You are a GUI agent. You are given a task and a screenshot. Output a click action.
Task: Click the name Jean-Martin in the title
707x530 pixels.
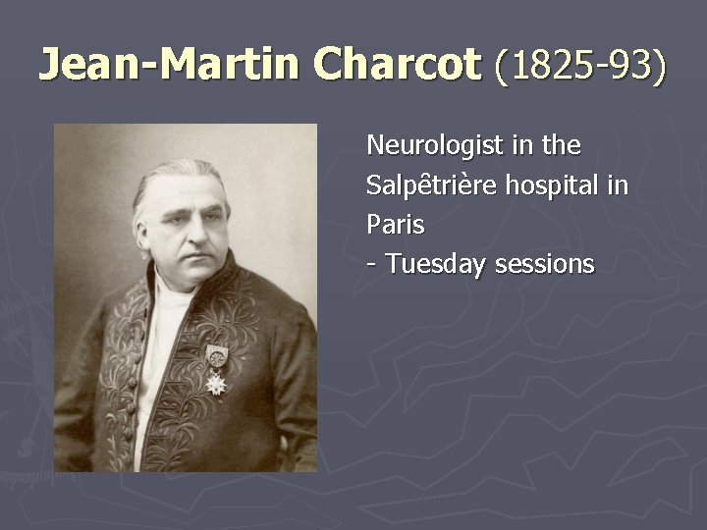click(171, 65)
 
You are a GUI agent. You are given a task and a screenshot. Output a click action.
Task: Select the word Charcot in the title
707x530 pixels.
click(399, 65)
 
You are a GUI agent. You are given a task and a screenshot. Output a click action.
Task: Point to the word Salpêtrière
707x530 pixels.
click(431, 185)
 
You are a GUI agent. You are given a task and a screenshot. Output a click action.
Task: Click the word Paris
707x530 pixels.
click(395, 225)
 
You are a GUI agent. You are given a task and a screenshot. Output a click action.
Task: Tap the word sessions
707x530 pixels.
click(545, 264)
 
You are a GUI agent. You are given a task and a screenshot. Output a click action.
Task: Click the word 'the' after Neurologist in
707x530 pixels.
click(562, 146)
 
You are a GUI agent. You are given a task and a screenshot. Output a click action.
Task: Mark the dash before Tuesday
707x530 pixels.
click(371, 265)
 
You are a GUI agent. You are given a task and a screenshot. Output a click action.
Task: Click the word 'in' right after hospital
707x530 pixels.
click(618, 185)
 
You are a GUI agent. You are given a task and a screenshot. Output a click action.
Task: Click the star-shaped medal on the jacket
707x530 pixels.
click(216, 381)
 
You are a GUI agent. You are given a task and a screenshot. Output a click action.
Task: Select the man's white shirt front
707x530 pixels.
click(157, 334)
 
